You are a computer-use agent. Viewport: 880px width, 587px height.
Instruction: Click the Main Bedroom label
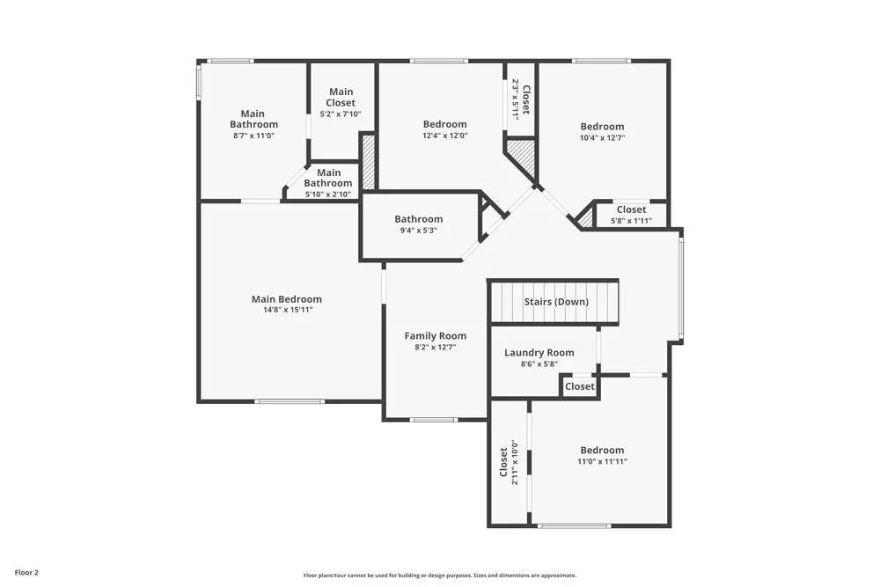click(286, 299)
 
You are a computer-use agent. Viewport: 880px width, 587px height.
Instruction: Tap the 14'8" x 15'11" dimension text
click(286, 311)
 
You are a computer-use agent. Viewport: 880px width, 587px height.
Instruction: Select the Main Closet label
click(341, 97)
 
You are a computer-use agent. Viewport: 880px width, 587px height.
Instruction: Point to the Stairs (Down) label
click(556, 302)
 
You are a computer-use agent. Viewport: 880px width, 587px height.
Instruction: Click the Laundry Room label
click(539, 353)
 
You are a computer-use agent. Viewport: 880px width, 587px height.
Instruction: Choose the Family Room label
click(435, 336)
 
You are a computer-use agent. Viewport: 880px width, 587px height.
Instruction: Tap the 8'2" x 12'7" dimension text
click(435, 348)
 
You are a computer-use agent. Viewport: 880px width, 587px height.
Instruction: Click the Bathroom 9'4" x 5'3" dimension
click(418, 231)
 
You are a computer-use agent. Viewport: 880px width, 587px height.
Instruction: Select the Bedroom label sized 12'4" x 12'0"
click(444, 125)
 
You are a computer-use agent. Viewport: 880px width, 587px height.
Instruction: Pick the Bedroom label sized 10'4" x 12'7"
click(602, 127)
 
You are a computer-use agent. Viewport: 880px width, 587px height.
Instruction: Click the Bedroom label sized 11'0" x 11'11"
click(602, 450)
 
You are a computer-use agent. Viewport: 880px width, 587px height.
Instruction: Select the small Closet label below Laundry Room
click(579, 386)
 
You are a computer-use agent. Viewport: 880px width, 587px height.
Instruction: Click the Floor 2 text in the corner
click(26, 572)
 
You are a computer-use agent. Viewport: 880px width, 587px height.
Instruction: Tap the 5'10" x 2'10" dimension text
click(328, 194)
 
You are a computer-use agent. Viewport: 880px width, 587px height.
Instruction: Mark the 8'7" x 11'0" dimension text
click(253, 136)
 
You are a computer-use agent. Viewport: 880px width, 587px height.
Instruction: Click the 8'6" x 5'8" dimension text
click(539, 363)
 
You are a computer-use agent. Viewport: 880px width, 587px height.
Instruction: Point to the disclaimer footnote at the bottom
click(440, 575)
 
